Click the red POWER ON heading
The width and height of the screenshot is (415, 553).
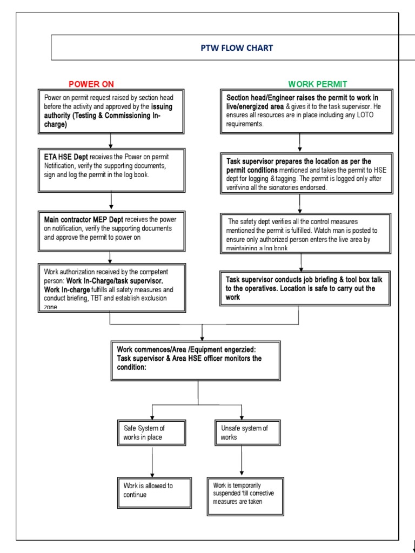[91, 84]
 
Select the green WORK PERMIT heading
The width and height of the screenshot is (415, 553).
[317, 84]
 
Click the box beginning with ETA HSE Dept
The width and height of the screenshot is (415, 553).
[111, 170]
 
